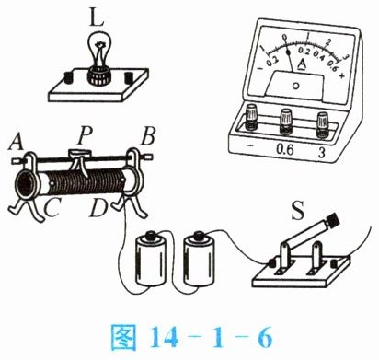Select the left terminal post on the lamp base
[67, 78]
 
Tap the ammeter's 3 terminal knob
[323, 124]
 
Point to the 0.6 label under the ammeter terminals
[285, 149]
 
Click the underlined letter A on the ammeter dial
[303, 64]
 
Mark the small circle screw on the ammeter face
[296, 86]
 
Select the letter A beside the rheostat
[16, 142]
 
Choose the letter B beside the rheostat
[148, 136]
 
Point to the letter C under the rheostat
[52, 207]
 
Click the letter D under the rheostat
[98, 207]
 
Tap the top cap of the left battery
[151, 236]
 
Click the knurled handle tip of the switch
[333, 219]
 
